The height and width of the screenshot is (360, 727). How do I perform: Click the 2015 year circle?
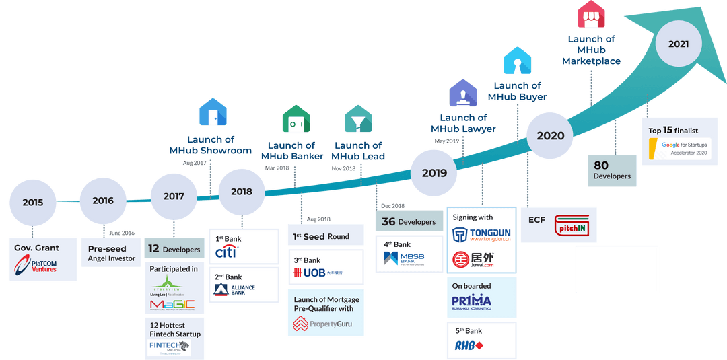[x=32, y=203]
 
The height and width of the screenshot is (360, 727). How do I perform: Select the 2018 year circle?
[x=242, y=192]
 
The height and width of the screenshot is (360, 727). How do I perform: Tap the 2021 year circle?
[x=678, y=44]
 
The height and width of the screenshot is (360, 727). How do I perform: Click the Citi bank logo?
[x=226, y=252]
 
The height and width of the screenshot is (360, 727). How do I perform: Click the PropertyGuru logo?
[x=322, y=325]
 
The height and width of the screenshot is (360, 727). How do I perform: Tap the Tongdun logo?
[x=481, y=235]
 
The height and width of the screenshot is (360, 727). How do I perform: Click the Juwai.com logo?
[x=481, y=260]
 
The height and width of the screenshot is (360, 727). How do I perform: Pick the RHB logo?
[x=469, y=346]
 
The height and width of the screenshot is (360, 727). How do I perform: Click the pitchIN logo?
[x=572, y=225]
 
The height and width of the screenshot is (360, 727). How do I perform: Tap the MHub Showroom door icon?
[x=213, y=112]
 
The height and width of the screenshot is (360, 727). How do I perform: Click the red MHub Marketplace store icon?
[x=592, y=15]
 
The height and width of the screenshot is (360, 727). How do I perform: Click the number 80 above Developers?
[x=601, y=165]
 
